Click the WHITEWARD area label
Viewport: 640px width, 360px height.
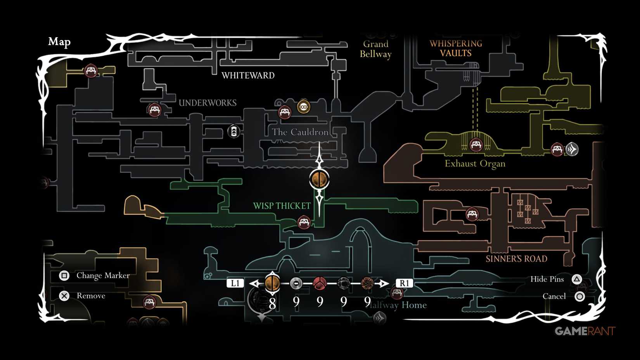(x=248, y=75)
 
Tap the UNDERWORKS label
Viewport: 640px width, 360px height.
(x=208, y=103)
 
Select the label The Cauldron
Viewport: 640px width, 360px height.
(x=300, y=132)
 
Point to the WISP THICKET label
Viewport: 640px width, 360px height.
(x=282, y=206)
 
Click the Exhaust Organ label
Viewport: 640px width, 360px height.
(x=475, y=164)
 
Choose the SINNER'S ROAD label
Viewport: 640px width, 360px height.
(x=516, y=259)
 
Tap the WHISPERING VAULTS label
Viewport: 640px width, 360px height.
(x=456, y=48)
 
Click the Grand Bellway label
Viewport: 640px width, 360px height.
(x=375, y=49)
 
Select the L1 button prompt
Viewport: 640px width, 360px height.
(x=235, y=283)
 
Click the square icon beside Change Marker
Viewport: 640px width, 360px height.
(x=64, y=275)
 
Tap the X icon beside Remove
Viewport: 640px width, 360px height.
(x=64, y=296)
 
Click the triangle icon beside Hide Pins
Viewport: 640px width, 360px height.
(x=577, y=279)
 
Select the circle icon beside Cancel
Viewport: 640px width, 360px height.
(x=579, y=297)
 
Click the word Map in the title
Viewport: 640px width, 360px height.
(x=59, y=42)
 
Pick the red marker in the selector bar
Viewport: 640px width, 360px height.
(x=320, y=284)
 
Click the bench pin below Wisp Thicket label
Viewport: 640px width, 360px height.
(x=304, y=223)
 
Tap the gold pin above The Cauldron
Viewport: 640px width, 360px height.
(x=303, y=106)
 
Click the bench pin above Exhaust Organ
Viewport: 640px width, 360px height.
(x=476, y=145)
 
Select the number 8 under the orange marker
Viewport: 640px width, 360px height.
(x=272, y=303)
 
